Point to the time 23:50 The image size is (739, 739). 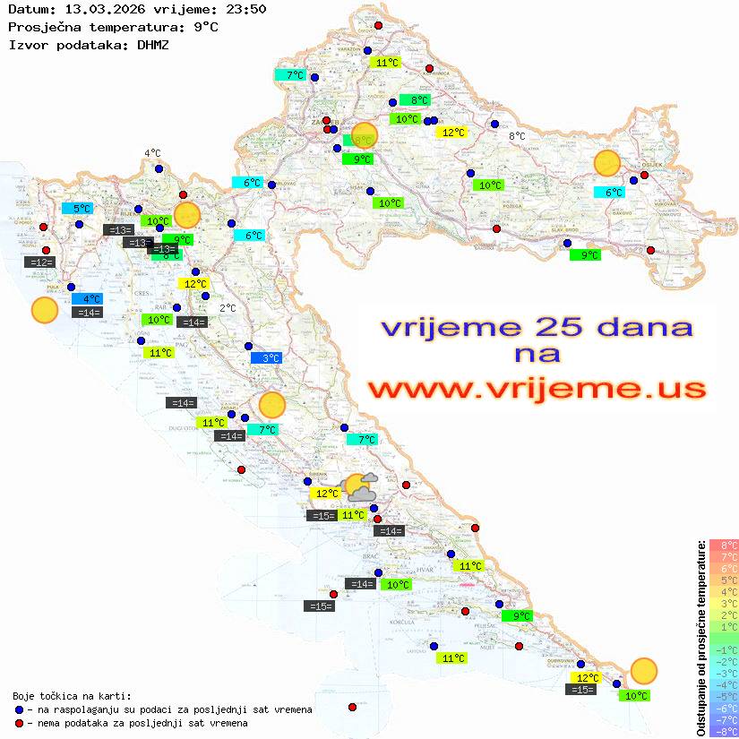pos(245,10)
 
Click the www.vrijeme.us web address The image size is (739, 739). pos(537,389)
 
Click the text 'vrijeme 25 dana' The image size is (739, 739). pos(537,326)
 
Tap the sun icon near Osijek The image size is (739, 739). pos(607,163)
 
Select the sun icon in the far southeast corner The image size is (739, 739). pos(643,670)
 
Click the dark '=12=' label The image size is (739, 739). pos(41,262)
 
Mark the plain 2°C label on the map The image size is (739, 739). pos(228,307)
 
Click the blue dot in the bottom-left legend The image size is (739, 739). pos(19,709)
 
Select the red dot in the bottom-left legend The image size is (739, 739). pos(19,723)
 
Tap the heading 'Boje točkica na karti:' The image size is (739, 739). pos(72,696)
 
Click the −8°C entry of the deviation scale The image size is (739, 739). pos(724,731)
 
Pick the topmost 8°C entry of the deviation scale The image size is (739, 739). pos(724,545)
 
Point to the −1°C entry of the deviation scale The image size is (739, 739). pos(724,649)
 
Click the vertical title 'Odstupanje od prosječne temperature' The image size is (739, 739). pos(700,638)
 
